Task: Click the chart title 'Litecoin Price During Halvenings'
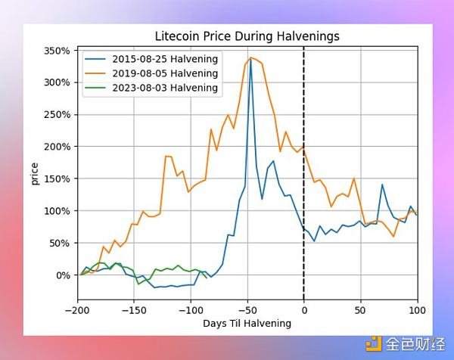(247, 36)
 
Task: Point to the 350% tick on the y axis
(58, 51)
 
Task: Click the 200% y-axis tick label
(58, 147)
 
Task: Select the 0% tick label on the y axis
(63, 275)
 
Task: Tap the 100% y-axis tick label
(58, 211)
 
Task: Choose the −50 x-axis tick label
(247, 309)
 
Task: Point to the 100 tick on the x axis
(417, 309)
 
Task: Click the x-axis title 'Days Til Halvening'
(247, 323)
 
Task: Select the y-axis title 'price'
(34, 172)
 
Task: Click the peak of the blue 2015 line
(250, 58)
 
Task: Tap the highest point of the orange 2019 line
(250, 57)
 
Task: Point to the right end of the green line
(206, 278)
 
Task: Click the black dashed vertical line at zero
(304, 189)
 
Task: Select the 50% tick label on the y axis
(60, 243)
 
